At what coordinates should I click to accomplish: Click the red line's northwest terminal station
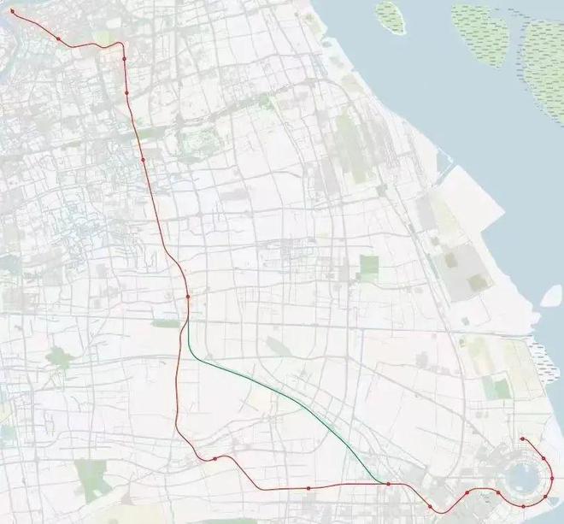pyautogui.click(x=12, y=12)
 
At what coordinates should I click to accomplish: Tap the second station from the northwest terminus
pyautogui.click(x=57, y=38)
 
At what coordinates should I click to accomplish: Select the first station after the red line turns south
pyautogui.click(x=125, y=59)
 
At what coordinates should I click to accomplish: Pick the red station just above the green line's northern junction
pyautogui.click(x=186, y=297)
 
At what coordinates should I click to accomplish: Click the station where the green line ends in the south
pyautogui.click(x=388, y=484)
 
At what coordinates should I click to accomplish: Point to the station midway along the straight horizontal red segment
pyautogui.click(x=308, y=488)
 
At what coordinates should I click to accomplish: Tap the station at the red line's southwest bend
pyautogui.click(x=215, y=458)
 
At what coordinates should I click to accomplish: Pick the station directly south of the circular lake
pyautogui.click(x=523, y=506)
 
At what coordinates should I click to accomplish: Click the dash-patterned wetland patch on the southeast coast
pyautogui.click(x=538, y=350)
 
